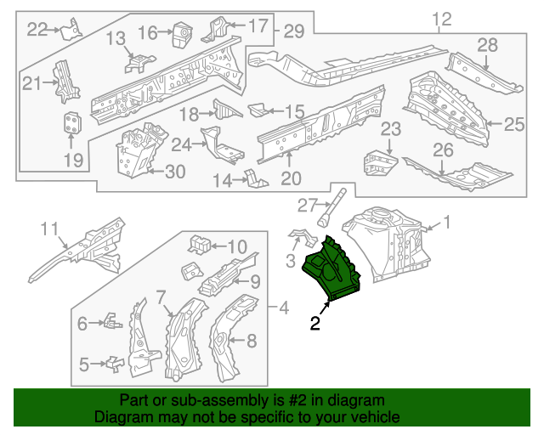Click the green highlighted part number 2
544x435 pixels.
point(331,270)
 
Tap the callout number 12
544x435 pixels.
point(441,20)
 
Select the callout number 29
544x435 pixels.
point(293,31)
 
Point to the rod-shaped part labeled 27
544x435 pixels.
point(333,207)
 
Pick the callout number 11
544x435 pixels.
point(50,228)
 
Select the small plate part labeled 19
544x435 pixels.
point(74,124)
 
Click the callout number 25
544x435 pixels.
point(515,125)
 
